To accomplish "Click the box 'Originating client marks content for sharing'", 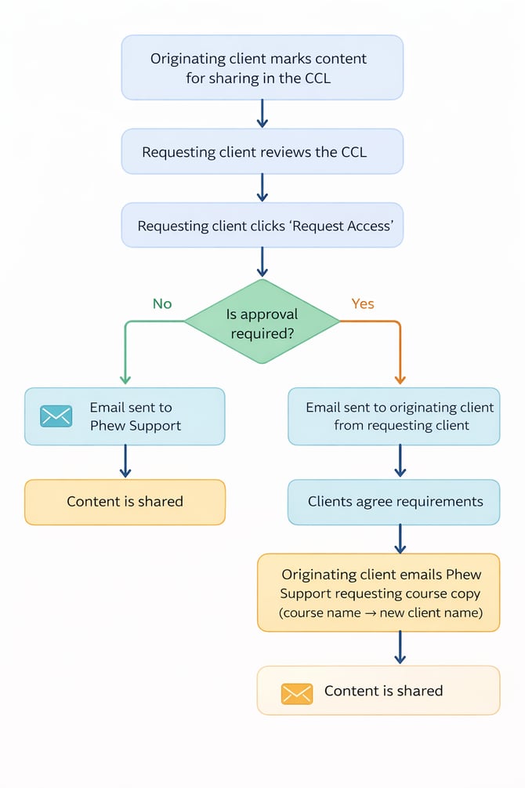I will click(x=262, y=67).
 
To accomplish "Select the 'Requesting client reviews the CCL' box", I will click(x=262, y=151).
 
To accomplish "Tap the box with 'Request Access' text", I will click(x=262, y=226).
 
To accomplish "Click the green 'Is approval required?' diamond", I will click(x=262, y=321).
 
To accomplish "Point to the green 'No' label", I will click(x=162, y=303).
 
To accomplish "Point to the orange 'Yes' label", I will click(x=363, y=303).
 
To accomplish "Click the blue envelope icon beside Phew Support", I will click(x=56, y=416).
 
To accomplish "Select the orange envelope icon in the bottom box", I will click(x=297, y=692).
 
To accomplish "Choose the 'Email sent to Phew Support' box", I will click(x=125, y=416).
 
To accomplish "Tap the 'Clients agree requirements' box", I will click(x=394, y=502).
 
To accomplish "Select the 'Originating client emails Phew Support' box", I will click(x=378, y=592).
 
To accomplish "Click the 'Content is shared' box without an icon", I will click(x=125, y=502).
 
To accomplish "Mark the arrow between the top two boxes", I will click(x=262, y=114).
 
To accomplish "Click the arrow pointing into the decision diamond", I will click(x=262, y=262).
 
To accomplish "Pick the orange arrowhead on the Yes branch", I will click(x=400, y=379).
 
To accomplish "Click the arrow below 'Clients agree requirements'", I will click(x=400, y=539).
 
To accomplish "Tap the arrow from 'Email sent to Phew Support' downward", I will click(x=125, y=462).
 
